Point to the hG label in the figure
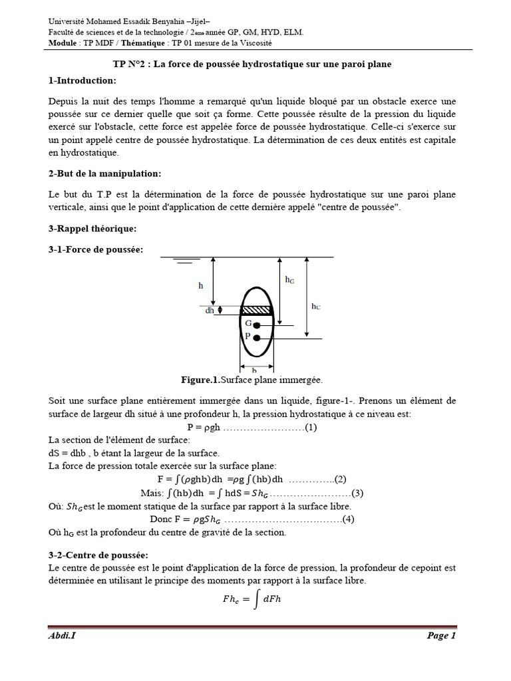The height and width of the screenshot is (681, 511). click(289, 280)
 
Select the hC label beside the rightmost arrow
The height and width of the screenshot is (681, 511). click(316, 306)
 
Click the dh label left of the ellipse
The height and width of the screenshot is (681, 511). click(210, 310)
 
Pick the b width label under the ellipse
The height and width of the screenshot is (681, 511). click(254, 370)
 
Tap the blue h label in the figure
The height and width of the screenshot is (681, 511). click(201, 285)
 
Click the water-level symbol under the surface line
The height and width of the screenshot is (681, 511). click(180, 263)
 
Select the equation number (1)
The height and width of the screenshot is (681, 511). click(311, 428)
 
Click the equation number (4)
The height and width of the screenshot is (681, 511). click(348, 519)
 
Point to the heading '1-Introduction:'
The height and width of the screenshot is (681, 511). click(82, 80)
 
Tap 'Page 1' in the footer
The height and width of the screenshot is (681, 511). click(441, 636)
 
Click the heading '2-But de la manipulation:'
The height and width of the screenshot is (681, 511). click(104, 174)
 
